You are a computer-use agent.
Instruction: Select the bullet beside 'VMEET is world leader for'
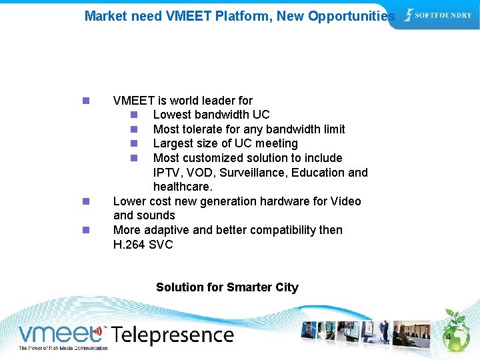coord(85,101)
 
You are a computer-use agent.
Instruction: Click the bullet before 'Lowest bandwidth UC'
coord(134,115)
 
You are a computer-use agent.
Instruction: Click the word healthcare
coord(181,187)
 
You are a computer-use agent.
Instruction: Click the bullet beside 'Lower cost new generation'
coord(85,201)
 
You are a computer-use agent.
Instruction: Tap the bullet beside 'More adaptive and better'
coord(85,230)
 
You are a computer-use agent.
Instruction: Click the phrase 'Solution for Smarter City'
coord(227,287)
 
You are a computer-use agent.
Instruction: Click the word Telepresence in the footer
coord(172,335)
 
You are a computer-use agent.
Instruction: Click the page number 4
coord(448,338)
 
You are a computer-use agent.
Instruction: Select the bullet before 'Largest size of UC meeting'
coord(134,144)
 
